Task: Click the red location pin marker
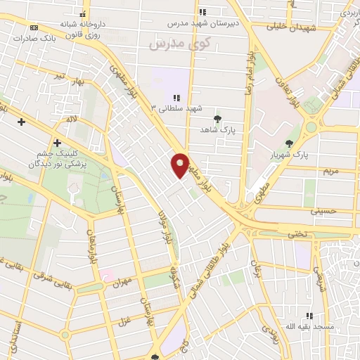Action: (x=180, y=165)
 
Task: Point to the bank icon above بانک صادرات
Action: (x=34, y=27)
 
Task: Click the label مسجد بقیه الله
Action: (x=309, y=327)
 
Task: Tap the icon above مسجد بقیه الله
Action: (x=309, y=316)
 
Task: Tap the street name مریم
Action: (x=330, y=171)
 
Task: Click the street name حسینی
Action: (x=327, y=210)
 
